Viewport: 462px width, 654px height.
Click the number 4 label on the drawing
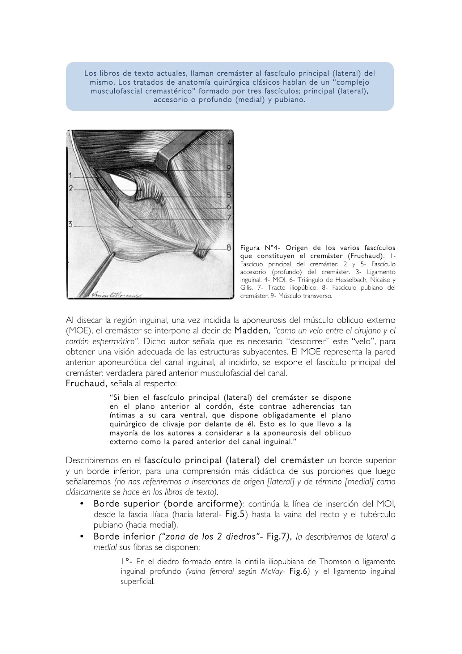click(x=229, y=143)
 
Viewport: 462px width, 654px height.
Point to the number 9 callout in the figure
click(x=229, y=168)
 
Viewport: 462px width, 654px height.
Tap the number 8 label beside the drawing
click(x=229, y=247)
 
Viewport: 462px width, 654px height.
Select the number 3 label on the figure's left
click(x=70, y=224)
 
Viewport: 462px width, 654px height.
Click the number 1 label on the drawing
click(x=70, y=176)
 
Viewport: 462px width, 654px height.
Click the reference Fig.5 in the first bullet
click(x=235, y=515)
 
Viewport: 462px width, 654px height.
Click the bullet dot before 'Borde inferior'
click(x=82, y=536)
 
